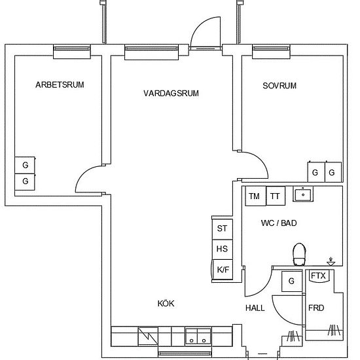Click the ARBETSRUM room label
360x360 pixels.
[60, 84]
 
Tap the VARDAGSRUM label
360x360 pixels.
[171, 93]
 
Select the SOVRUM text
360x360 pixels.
[279, 86]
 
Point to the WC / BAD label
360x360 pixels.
[279, 223]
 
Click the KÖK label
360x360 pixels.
[166, 303]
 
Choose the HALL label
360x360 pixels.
[255, 308]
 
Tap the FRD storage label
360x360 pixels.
[316, 308]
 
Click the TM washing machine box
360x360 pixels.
[255, 196]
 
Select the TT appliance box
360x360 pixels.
[276, 196]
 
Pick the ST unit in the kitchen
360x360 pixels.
[223, 229]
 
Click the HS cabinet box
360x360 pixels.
[223, 249]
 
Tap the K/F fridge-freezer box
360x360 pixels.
[223, 269]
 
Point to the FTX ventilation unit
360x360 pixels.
[319, 276]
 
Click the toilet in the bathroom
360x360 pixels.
[299, 255]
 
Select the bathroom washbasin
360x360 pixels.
[303, 194]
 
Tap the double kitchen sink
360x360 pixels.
[198, 336]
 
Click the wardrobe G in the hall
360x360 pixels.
[292, 281]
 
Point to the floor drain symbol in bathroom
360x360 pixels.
[331, 262]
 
